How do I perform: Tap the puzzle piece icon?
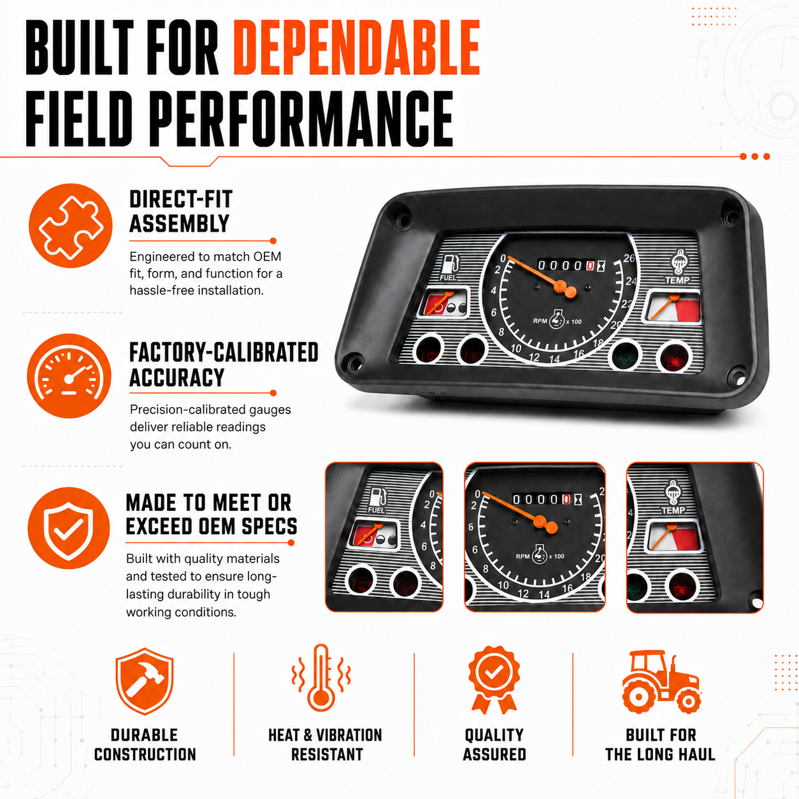click(x=71, y=226)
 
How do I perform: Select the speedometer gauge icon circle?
click(x=69, y=376)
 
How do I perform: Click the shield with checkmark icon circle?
click(x=69, y=528)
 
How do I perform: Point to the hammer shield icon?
click(x=144, y=681)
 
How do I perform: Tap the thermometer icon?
click(x=321, y=677)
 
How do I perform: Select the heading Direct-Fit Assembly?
click(x=181, y=212)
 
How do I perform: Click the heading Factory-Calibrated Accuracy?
click(x=224, y=364)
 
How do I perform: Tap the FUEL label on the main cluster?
click(x=448, y=277)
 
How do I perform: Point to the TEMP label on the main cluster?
click(x=677, y=280)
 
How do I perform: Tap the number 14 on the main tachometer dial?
click(x=555, y=359)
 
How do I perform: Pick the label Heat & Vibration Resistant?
click(x=326, y=745)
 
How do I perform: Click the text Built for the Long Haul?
click(x=661, y=745)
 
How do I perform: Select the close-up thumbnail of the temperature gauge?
click(x=695, y=537)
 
